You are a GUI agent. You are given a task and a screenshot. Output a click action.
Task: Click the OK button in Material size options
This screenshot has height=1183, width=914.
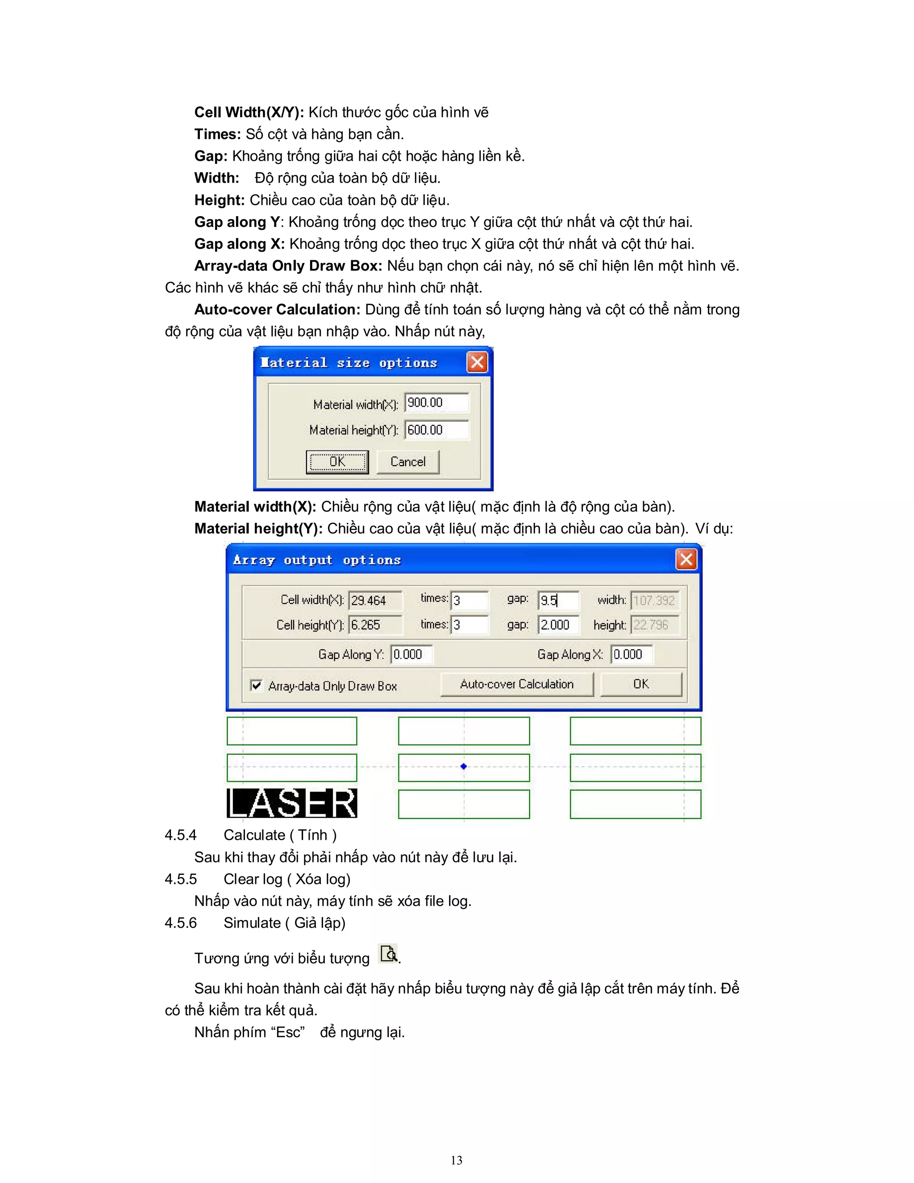(x=337, y=462)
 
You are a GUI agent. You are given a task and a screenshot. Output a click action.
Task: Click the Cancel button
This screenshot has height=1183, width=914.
(x=408, y=462)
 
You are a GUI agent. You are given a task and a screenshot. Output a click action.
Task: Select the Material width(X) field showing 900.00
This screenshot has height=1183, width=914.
(x=436, y=403)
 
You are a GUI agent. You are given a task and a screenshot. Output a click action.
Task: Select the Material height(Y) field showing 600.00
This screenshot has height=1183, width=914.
(x=436, y=430)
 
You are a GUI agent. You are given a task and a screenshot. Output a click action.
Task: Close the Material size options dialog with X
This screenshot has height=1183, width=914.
(x=477, y=362)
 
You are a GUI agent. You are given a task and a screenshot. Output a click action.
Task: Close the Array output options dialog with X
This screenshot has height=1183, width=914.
(x=686, y=559)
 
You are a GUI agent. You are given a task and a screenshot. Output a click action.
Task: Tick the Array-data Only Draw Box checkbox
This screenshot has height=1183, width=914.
(x=257, y=685)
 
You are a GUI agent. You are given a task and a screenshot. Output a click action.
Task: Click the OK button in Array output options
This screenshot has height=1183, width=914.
(x=640, y=684)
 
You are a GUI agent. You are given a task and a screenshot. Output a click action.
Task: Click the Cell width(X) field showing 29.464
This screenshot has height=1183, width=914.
(x=375, y=600)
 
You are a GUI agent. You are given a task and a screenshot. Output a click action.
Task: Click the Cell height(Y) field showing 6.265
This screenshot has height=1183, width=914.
(x=375, y=625)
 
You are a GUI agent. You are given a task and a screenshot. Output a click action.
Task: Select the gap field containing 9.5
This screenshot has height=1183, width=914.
(x=558, y=600)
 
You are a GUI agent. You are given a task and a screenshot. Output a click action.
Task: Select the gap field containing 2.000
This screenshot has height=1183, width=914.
(x=558, y=625)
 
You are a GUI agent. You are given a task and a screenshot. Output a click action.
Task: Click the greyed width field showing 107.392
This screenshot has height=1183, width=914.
(x=654, y=600)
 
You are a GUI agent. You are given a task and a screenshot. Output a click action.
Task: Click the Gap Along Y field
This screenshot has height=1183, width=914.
(x=411, y=654)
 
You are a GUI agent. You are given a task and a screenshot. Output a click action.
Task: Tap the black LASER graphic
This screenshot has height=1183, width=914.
(x=292, y=803)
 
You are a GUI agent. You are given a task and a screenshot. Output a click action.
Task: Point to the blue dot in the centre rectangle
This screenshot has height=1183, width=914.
(x=464, y=766)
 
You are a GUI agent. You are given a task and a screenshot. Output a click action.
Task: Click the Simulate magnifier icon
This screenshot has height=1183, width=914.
(x=389, y=954)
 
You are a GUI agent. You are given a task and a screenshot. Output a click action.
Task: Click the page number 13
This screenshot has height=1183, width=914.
(x=457, y=1160)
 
